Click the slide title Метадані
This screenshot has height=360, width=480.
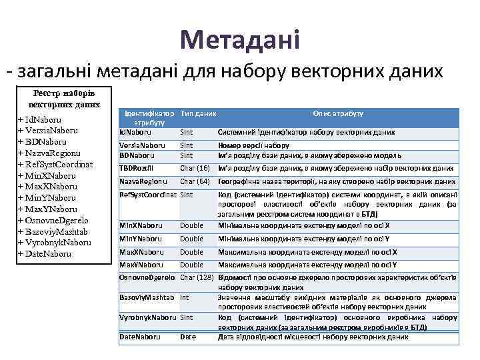click(239, 39)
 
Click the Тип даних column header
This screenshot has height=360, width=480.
click(198, 114)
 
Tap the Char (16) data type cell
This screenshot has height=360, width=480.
click(195, 168)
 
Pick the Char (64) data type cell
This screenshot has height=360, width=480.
click(195, 181)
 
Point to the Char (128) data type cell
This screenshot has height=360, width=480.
click(197, 276)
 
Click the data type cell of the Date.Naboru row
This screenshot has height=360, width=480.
click(188, 337)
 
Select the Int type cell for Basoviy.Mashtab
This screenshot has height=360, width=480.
click(185, 297)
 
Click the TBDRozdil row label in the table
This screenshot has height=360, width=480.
click(136, 168)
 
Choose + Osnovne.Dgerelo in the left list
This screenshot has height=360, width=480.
click(53, 220)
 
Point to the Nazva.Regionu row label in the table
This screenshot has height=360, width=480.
click(143, 181)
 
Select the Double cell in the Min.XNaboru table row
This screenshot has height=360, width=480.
click(191, 225)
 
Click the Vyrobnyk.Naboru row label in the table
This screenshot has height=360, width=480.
click(147, 317)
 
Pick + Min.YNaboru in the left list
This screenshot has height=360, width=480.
click(47, 197)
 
